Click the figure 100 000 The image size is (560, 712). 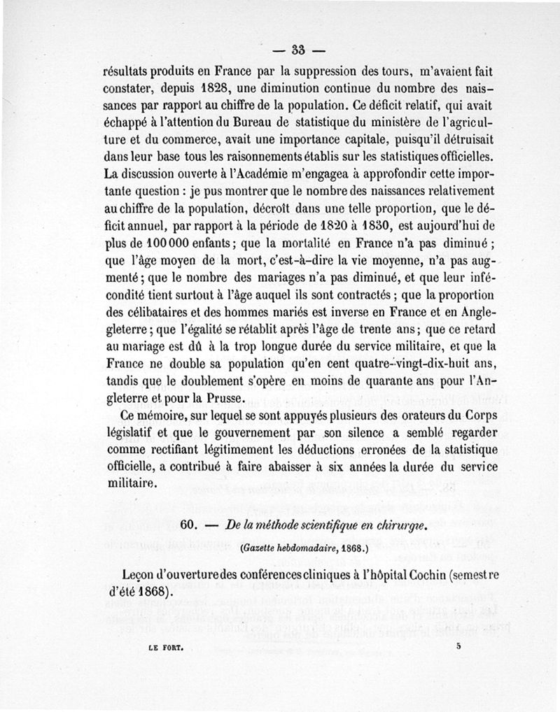pos(155,242)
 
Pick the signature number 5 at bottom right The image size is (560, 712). pos(458,647)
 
